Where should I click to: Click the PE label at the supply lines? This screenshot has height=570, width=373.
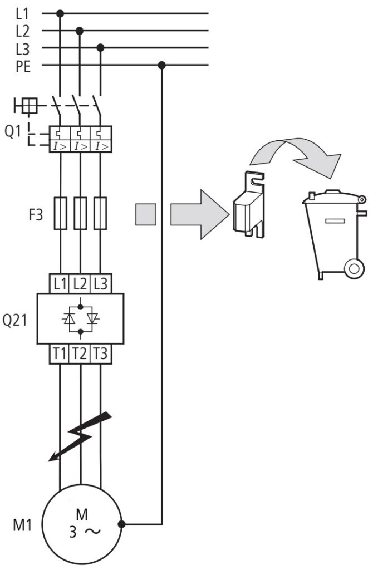click(23, 67)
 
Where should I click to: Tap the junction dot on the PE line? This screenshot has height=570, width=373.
click(162, 66)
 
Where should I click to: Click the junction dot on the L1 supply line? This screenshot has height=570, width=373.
click(60, 14)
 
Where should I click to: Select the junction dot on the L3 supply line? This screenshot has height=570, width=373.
click(101, 48)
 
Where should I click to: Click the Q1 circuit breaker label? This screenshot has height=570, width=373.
click(13, 131)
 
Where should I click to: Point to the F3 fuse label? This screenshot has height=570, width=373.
click(36, 214)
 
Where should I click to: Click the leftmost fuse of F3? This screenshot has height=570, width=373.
click(60, 213)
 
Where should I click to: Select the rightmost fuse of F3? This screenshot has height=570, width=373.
click(100, 213)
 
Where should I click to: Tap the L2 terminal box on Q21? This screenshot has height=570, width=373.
click(80, 283)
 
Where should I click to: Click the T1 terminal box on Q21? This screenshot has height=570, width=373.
click(60, 353)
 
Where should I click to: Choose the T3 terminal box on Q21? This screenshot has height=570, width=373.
click(101, 353)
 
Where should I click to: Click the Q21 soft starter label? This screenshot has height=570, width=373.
click(14, 320)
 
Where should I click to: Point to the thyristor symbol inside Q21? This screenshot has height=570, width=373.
click(81, 319)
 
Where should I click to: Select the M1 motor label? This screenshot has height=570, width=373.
click(22, 525)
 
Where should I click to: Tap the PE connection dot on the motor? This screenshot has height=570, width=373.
click(122, 524)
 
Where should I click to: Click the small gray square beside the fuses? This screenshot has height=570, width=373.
click(146, 214)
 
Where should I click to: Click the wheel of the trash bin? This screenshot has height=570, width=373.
click(354, 268)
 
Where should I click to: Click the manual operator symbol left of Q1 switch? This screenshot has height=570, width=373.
click(26, 106)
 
